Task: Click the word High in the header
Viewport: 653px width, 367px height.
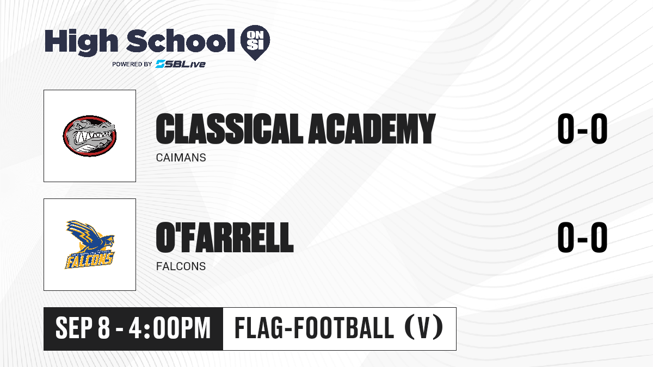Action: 81,42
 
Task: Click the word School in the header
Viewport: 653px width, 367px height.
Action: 181,40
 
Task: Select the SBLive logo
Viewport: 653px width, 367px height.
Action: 180,64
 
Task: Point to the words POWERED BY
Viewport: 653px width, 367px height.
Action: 132,64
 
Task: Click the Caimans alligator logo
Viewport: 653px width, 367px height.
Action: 90,136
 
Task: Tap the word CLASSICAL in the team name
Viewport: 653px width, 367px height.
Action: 230,129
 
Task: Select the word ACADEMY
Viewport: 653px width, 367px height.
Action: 372,129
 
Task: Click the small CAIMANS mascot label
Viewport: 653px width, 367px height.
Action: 181,158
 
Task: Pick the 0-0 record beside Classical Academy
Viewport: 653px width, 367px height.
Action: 582,129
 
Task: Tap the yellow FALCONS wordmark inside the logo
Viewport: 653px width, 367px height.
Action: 89,260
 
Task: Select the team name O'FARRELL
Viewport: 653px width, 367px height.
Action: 225,238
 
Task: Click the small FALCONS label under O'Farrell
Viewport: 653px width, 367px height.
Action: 181,266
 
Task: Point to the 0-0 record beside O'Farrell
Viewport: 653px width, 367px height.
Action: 582,238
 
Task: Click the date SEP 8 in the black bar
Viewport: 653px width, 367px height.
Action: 83,328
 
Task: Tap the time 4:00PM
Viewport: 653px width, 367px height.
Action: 170,328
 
